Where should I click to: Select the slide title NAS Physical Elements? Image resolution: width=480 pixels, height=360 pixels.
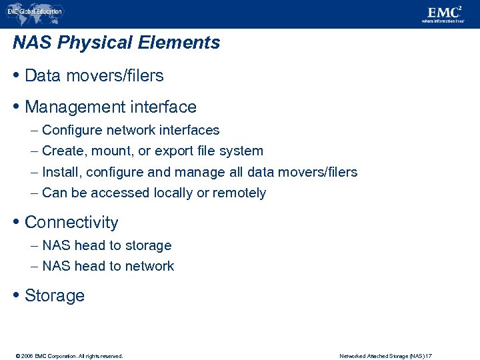pyautogui.click(x=116, y=43)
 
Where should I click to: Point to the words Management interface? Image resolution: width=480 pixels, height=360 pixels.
pyautogui.click(x=110, y=107)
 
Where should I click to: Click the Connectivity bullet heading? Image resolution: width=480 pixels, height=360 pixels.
pyautogui.click(x=71, y=222)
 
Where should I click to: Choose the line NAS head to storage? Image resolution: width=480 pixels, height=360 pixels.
pyautogui.click(x=107, y=245)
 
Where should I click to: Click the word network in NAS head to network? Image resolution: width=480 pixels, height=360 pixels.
pyautogui.click(x=149, y=266)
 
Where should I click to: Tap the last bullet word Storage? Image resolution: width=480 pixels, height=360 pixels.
pyautogui.click(x=55, y=295)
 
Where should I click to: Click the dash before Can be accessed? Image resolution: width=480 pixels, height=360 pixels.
pyautogui.click(x=34, y=193)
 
